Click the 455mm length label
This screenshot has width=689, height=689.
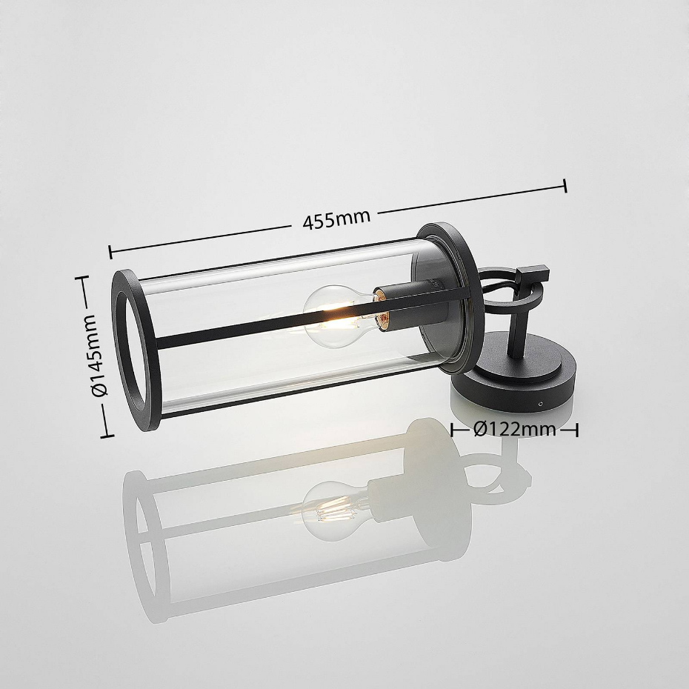click(x=336, y=219)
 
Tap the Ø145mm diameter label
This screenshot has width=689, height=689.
click(x=99, y=355)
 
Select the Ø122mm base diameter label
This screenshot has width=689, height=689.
click(x=515, y=429)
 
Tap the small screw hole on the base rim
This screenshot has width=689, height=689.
click(x=541, y=402)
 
